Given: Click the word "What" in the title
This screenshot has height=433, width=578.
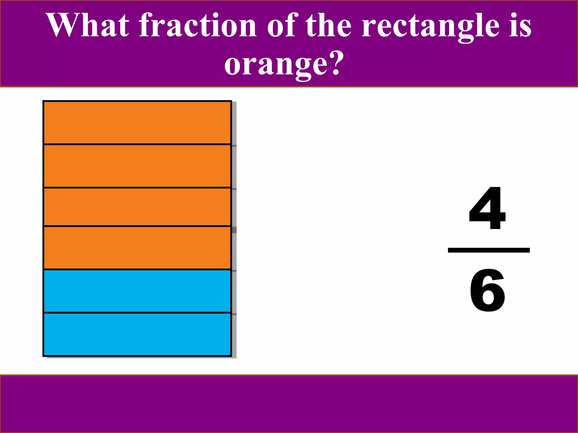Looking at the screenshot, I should (x=87, y=25).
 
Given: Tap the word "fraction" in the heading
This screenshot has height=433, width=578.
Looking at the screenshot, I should (x=198, y=25).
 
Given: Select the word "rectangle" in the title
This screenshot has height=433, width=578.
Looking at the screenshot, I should (x=430, y=27).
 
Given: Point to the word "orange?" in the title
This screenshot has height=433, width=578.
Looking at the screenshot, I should (x=284, y=65).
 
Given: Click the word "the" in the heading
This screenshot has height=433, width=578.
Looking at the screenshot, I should (x=329, y=25).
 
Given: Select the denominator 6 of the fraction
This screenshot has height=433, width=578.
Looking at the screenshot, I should (x=487, y=290).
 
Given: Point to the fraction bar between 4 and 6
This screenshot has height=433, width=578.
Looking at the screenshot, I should (x=489, y=250).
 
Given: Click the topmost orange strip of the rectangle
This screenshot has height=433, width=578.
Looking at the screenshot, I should (x=137, y=123).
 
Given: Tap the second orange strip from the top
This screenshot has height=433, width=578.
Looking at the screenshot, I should (x=137, y=166).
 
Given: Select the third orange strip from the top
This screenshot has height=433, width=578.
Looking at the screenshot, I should (x=137, y=207).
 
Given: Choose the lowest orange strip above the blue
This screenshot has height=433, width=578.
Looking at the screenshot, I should (x=137, y=248).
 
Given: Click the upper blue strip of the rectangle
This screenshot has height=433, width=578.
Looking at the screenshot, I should (x=137, y=291).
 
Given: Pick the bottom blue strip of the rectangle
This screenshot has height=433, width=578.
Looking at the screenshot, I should (x=137, y=334).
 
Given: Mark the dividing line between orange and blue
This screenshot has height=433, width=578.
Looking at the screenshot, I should (x=137, y=269).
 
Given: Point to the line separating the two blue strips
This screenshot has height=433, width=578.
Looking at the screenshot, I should (x=137, y=313).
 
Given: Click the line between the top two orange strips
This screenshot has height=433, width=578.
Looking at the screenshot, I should (x=137, y=144).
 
